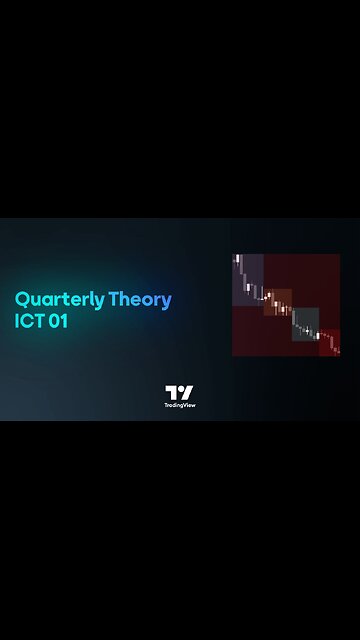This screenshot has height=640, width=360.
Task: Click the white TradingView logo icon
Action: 179,392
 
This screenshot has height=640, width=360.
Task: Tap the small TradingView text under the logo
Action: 179,405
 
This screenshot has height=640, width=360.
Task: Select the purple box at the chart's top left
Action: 249,279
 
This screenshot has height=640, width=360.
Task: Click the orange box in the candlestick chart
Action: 278,301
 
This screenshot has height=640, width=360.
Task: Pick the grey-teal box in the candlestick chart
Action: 305,323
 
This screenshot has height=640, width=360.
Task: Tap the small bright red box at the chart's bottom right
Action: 330,342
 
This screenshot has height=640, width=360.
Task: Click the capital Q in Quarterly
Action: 22,299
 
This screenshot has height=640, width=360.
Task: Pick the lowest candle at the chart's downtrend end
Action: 338,350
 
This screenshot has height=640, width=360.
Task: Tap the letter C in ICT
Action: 29,323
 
